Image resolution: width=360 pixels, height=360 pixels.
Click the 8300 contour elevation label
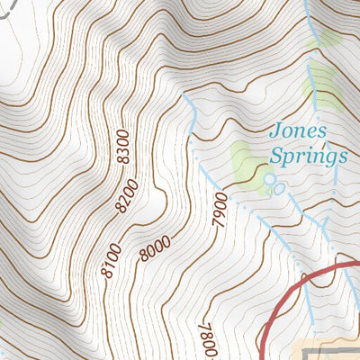123,147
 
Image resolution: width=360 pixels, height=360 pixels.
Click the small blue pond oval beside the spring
279,189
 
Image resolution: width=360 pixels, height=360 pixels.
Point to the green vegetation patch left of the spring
244,158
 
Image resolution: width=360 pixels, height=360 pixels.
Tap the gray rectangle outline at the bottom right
328,350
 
